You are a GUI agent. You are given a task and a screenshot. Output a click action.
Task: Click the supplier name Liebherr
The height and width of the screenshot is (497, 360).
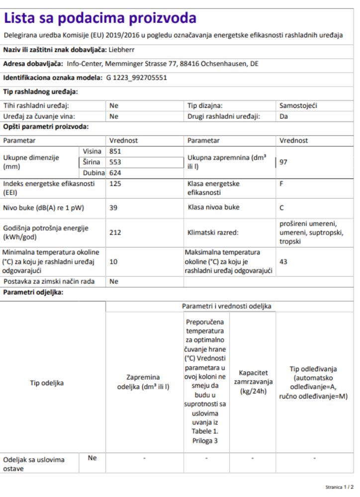[122, 50]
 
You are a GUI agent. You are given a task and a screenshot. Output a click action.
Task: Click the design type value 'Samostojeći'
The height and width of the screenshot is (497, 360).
[298, 106]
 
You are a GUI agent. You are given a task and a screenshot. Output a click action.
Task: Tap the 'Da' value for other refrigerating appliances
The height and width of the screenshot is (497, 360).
[284, 117]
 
